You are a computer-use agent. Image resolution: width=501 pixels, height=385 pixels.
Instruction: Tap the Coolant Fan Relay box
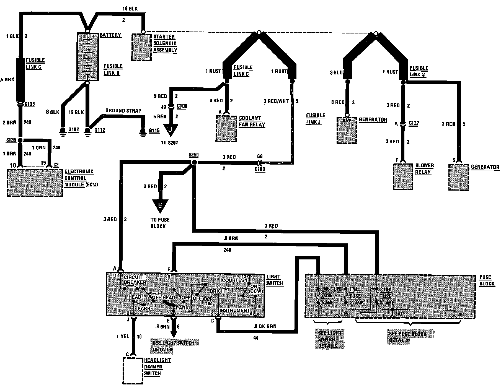coord(226,129)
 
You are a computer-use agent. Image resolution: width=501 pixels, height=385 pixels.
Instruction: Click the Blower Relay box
coord(403,177)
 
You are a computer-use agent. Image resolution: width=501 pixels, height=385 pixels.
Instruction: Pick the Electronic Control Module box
coord(35,183)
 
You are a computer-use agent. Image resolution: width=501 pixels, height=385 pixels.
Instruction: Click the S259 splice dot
coord(194,162)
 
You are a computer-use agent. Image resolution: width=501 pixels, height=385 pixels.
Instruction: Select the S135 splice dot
coord(20,141)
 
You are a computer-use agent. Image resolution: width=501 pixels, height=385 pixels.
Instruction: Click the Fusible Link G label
coord(35,64)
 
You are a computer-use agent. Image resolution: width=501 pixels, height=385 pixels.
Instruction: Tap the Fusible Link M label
coord(419,71)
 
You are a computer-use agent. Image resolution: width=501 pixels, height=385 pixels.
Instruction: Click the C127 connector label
coord(414,123)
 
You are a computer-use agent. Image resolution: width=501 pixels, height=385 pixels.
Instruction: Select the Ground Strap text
coord(123,111)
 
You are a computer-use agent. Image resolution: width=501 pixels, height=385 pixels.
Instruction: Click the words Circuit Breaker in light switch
coord(135,280)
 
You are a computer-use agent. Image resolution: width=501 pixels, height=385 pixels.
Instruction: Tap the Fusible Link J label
coord(315,119)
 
